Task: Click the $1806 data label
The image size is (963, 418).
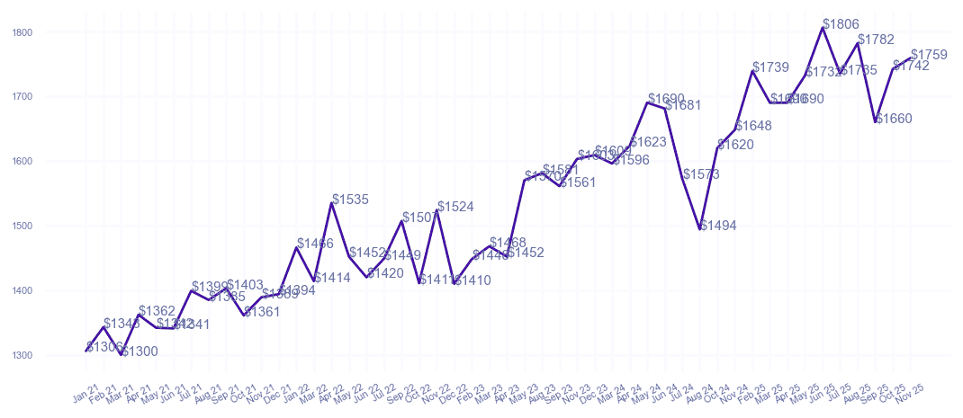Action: click(x=841, y=24)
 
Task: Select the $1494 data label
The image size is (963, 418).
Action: click(x=718, y=226)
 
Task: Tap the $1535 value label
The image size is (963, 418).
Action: click(x=350, y=200)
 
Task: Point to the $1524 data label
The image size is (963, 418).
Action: click(x=455, y=207)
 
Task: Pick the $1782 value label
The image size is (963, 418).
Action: click(x=876, y=40)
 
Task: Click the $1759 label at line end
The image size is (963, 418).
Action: click(x=929, y=55)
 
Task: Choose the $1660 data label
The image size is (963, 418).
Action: click(x=894, y=119)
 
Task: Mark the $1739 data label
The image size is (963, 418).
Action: click(x=770, y=67)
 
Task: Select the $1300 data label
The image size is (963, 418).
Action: click(x=139, y=351)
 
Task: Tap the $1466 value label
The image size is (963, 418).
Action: click(x=315, y=244)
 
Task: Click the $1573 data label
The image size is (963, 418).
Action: click(x=701, y=174)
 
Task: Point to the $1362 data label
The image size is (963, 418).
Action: click(x=157, y=311)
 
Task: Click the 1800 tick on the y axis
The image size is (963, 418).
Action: click(x=23, y=32)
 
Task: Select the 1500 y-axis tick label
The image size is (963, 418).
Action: click(x=23, y=226)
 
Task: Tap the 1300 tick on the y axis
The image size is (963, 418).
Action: click(x=23, y=355)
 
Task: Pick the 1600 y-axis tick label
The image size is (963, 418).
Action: click(x=23, y=161)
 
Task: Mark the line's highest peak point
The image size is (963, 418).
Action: click(x=823, y=28)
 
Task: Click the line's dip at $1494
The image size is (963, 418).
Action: click(x=700, y=229)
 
